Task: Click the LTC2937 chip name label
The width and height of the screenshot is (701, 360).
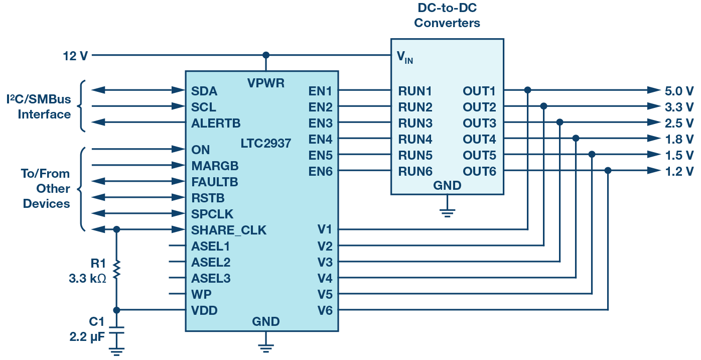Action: point(266,144)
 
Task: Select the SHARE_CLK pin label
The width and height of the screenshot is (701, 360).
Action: point(229,230)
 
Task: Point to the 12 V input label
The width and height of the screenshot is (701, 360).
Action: point(75,55)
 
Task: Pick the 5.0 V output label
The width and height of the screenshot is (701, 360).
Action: point(679,91)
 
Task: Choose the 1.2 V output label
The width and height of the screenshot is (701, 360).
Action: point(679,171)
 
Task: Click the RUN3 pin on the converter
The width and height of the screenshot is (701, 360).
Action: point(415,123)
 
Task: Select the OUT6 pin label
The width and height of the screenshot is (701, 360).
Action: point(479,172)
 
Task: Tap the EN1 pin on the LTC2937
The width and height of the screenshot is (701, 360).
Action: point(321,91)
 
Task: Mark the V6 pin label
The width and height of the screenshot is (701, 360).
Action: point(325,310)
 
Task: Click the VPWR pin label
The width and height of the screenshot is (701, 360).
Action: point(266,83)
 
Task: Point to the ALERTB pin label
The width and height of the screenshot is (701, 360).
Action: point(216,123)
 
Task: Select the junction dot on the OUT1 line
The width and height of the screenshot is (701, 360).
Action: point(527,90)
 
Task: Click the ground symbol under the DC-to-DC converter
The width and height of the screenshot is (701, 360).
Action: point(448,211)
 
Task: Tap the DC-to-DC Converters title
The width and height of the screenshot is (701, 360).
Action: point(447,16)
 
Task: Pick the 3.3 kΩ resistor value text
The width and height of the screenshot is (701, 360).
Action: point(87,278)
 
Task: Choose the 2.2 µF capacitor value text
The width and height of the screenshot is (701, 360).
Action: point(87,336)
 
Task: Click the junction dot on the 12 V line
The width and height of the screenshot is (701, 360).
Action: point(266,55)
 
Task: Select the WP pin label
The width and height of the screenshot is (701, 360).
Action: point(201,294)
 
